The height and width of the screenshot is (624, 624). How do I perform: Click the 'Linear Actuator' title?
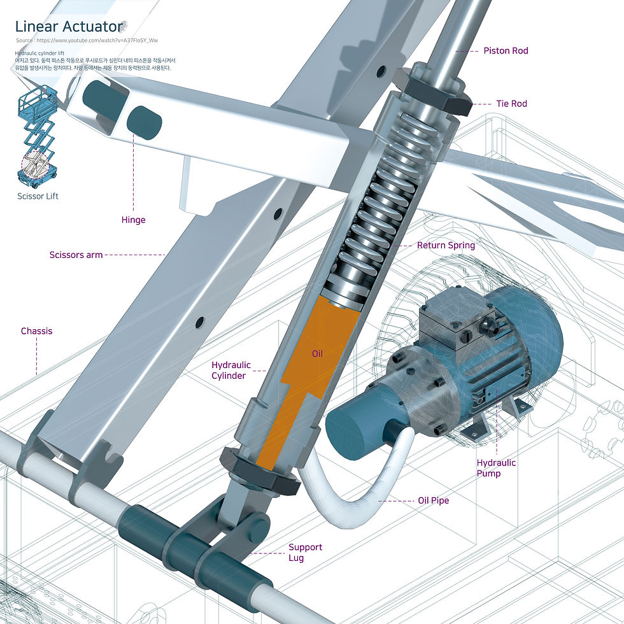(x=69, y=26)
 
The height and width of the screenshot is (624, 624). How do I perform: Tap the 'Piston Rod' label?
(x=506, y=50)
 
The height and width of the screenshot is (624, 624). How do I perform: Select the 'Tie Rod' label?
(x=511, y=103)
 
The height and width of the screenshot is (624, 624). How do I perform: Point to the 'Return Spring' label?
(x=446, y=245)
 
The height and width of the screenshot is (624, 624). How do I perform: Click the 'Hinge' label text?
(x=133, y=220)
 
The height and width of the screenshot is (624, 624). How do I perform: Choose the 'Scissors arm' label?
(x=76, y=255)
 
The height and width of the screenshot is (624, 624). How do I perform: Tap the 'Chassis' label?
(x=36, y=331)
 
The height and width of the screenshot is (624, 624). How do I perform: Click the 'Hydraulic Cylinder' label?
(x=230, y=371)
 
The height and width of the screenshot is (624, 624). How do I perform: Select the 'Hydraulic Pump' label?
(x=496, y=468)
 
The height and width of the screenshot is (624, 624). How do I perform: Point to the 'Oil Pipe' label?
(x=433, y=500)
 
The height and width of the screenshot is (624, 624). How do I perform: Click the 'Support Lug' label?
(x=305, y=552)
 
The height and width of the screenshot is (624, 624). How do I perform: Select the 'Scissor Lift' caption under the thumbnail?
(x=38, y=196)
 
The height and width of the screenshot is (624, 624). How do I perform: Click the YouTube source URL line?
(x=87, y=40)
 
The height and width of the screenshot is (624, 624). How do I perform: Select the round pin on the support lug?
(x=259, y=529)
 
